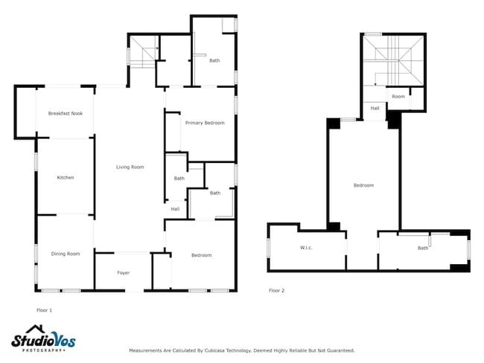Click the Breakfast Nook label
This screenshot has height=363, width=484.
pos(66,114)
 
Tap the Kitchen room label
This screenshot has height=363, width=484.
pos(66,178)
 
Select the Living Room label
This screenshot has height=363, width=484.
pos(130,167)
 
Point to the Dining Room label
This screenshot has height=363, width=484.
pos(66,254)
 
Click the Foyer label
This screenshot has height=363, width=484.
pos(124,273)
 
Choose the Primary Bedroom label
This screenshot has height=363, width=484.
pos(205,123)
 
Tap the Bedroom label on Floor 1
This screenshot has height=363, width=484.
pos(202,255)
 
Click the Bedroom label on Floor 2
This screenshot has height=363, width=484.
pos(363,185)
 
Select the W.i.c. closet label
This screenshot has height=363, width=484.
pos(306,248)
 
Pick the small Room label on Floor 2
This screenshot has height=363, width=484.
pos(398,97)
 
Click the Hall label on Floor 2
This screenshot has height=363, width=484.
pos(375,109)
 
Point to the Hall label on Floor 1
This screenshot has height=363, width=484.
pos(175,209)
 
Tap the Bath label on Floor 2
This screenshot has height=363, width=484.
pos(423,248)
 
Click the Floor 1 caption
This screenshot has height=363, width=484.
pos(45,310)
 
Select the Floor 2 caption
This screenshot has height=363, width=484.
pos(276,291)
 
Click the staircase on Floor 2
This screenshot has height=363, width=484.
pos(393,60)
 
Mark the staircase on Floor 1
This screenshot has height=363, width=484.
pos(142,51)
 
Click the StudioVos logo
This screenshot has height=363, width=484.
pos(43,338)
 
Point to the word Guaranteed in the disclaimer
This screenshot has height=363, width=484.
pos(341,350)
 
